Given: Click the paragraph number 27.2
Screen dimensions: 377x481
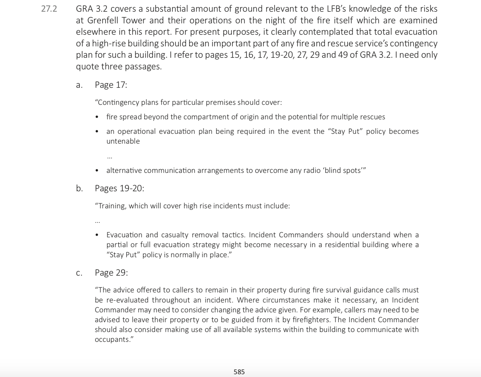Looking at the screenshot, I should (49, 9).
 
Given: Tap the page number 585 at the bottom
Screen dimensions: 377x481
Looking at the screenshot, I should (239, 372).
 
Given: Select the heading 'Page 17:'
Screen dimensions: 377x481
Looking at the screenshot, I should (111, 85).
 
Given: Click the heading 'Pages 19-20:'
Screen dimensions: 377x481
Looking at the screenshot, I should (119, 188).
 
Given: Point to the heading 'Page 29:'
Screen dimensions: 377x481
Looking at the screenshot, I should (111, 273).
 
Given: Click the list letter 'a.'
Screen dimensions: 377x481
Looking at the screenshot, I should (79, 85).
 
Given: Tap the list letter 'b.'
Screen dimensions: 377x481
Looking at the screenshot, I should (79, 188).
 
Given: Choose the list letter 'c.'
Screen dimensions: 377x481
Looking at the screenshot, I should (79, 273).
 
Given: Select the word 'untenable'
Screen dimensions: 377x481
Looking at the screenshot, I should (123, 141).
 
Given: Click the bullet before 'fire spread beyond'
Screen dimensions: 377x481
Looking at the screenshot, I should (97, 117).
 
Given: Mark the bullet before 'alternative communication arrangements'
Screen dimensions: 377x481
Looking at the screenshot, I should (97, 171).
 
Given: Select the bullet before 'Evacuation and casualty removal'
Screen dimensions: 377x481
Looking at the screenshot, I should (97, 235).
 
